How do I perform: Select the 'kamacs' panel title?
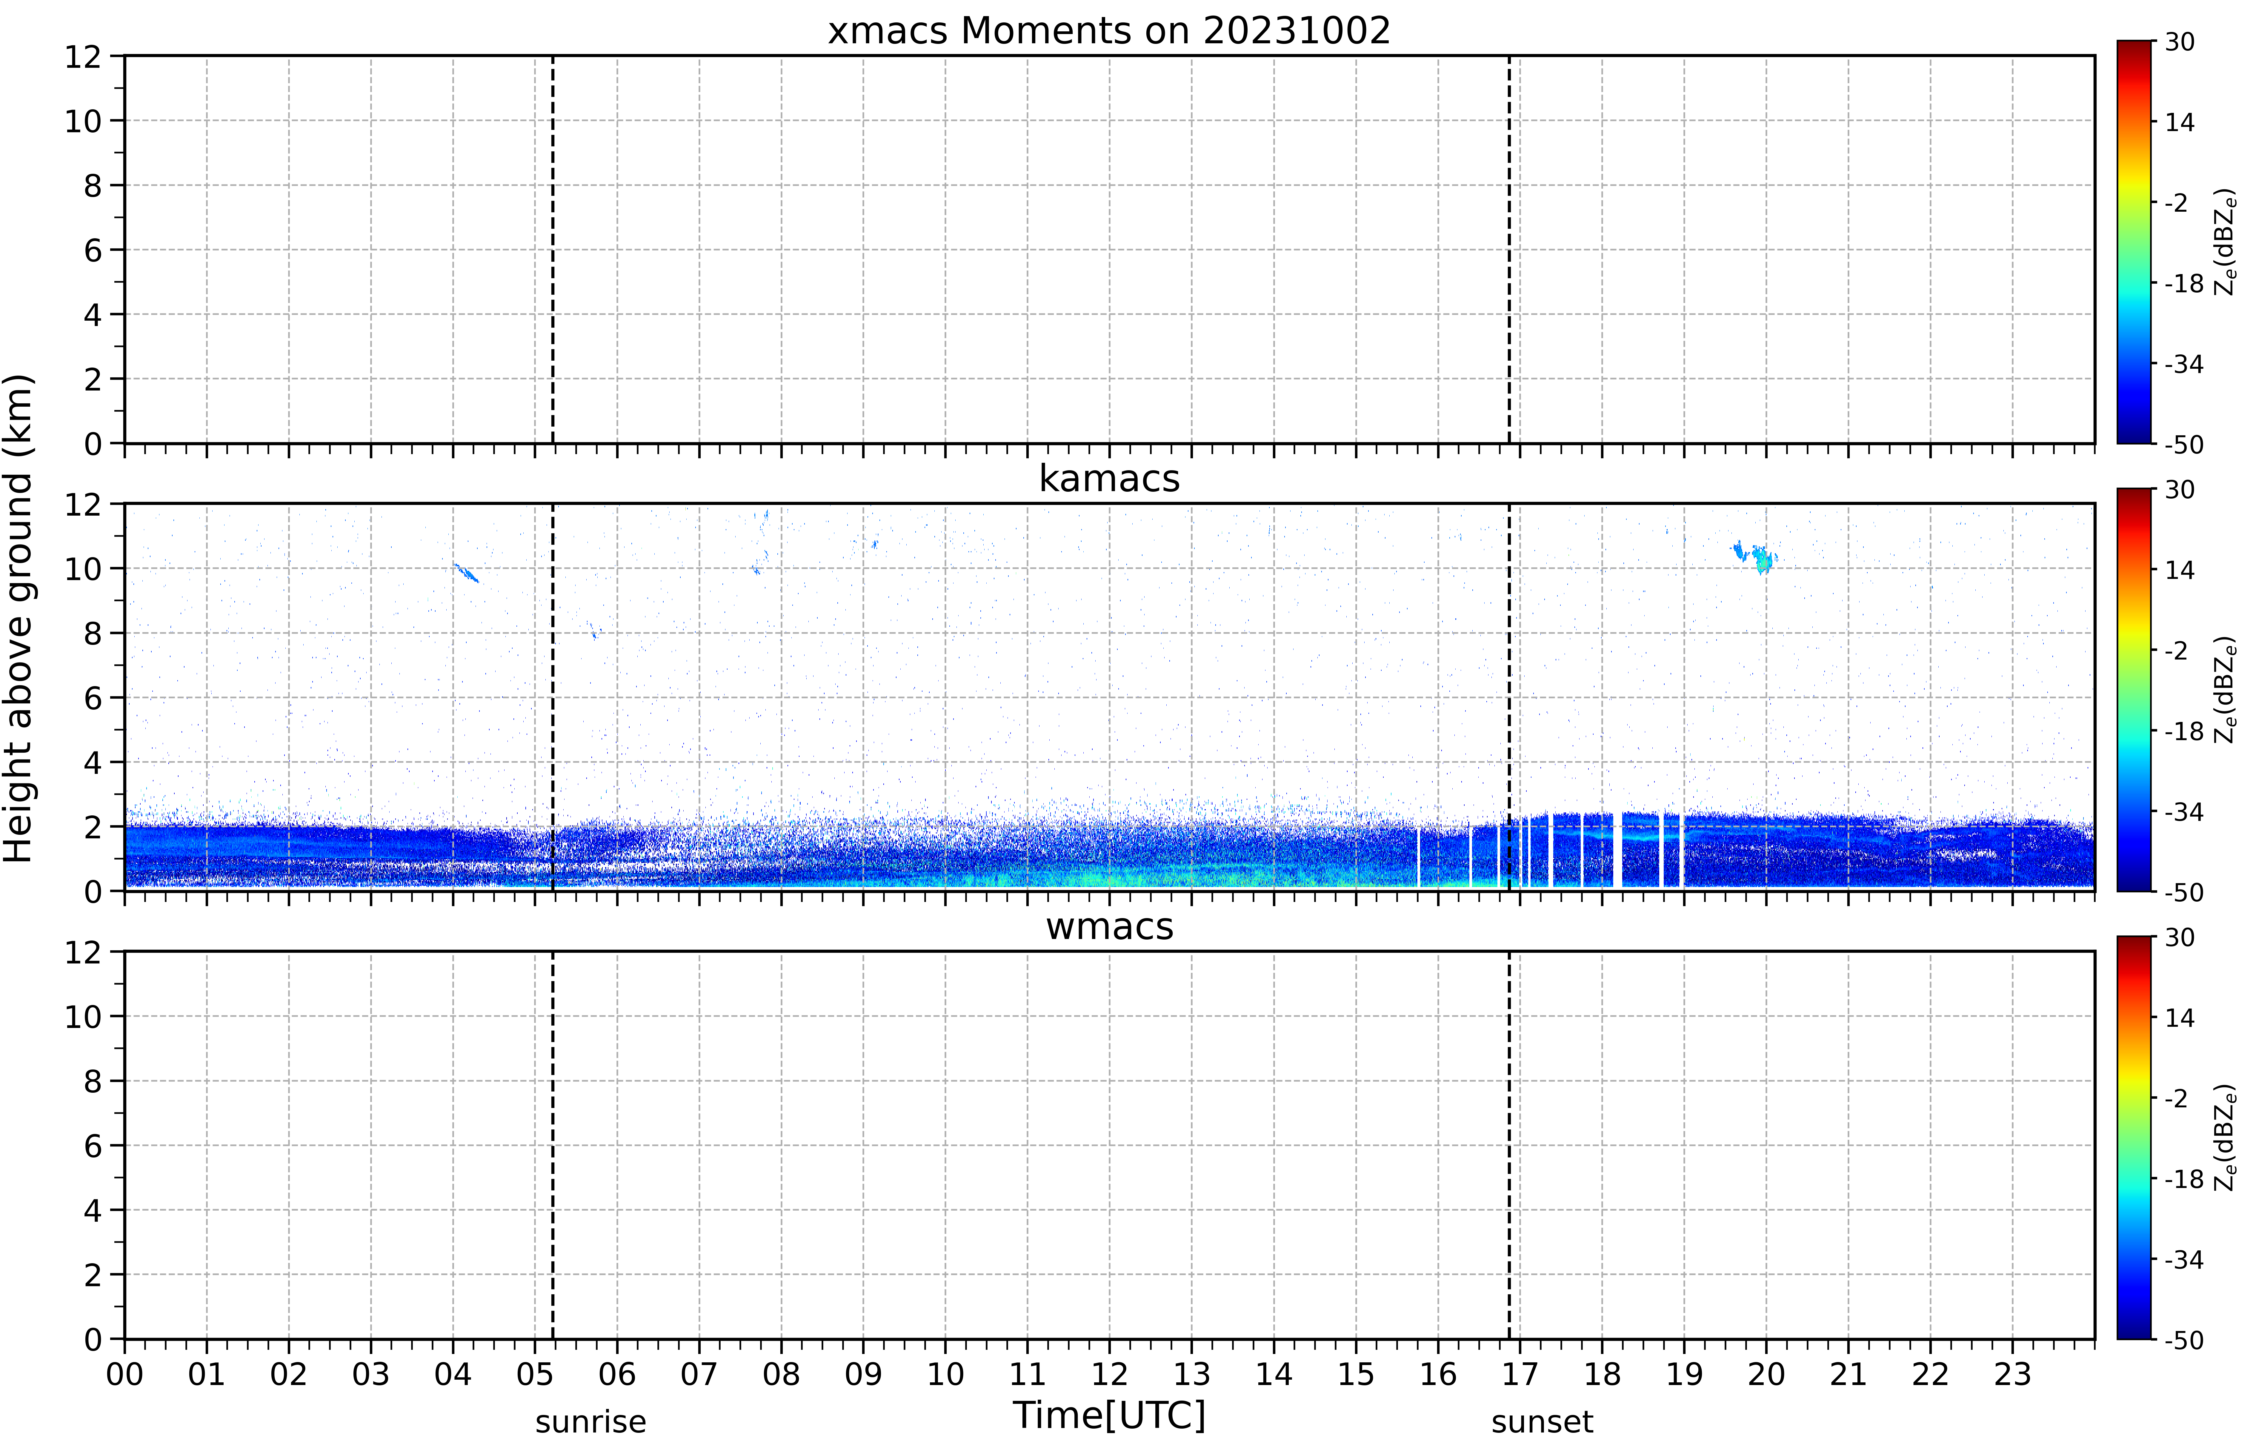click(1109, 479)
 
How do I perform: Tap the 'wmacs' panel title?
click(1109, 926)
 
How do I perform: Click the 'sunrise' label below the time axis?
click(591, 1422)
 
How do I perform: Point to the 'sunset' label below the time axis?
click(1542, 1422)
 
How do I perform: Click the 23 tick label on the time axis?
click(2012, 1375)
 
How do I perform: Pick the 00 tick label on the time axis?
click(124, 1375)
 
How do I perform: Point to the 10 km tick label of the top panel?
click(83, 121)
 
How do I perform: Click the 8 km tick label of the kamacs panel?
click(93, 634)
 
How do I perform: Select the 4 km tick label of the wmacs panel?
click(93, 1210)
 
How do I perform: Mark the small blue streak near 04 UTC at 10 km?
click(466, 572)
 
